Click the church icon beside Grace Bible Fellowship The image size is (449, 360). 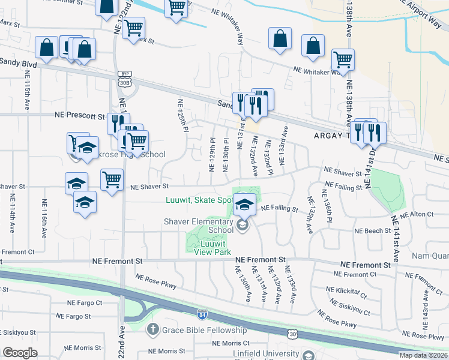click(x=153, y=329)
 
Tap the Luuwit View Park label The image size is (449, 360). click(x=209, y=248)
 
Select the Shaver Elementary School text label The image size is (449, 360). click(x=199, y=226)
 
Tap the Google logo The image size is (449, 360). click(x=20, y=353)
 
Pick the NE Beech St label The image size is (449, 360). click(x=372, y=230)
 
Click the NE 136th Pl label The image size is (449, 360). click(x=328, y=205)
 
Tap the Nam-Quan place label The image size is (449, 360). click(x=429, y=256)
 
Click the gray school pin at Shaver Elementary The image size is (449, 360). click(x=243, y=226)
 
